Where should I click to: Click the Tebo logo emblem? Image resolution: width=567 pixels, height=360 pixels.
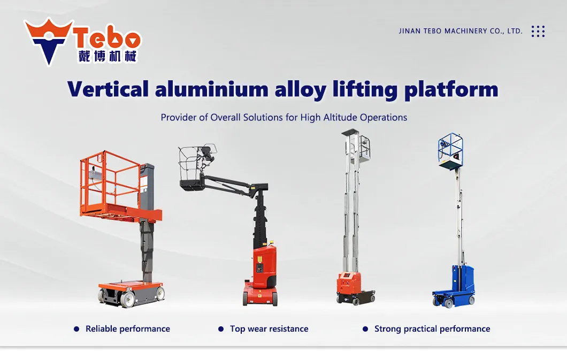[x=49, y=41]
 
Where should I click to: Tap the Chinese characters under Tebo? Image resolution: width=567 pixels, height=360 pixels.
[x=108, y=56]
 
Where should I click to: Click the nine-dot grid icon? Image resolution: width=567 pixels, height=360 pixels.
[x=538, y=31]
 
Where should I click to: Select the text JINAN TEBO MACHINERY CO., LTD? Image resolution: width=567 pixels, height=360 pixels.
[x=461, y=31]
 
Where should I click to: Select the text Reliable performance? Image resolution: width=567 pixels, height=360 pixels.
[x=128, y=329]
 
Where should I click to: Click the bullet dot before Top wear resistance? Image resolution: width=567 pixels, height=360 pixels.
[x=221, y=329]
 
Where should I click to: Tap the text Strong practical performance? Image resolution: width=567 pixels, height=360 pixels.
[x=432, y=329]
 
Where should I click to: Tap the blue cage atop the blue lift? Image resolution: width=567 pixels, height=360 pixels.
[x=450, y=150]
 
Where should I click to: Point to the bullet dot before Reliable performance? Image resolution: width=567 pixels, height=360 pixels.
[x=76, y=329]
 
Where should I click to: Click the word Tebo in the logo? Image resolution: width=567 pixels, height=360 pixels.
[x=108, y=38]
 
